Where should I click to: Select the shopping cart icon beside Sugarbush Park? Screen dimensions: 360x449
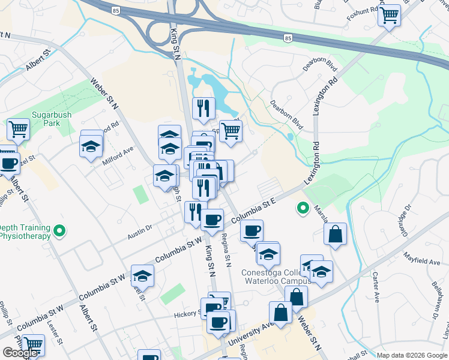[x=18, y=128]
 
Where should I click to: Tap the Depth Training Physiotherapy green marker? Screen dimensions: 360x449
[x=59, y=230]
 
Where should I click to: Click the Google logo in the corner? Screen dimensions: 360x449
[x=19, y=353]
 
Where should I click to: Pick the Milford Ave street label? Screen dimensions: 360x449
[x=120, y=154]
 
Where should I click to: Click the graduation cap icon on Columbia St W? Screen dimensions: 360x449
[x=142, y=275]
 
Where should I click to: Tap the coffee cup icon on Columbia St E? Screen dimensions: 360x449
[x=252, y=230]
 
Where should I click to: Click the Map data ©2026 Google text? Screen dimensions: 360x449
[x=412, y=355]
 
